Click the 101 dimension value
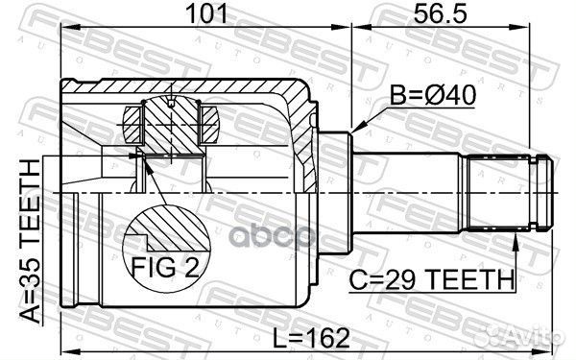click(x=206, y=13)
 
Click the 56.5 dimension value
click(x=441, y=13)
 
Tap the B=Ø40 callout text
click(x=432, y=95)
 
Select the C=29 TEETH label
click(x=432, y=280)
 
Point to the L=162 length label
click(x=311, y=338)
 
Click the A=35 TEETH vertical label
click(x=30, y=241)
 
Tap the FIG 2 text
click(x=165, y=268)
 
